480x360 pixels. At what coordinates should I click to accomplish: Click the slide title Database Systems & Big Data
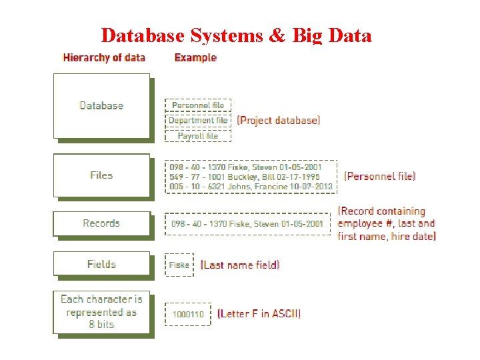pyautogui.click(x=236, y=35)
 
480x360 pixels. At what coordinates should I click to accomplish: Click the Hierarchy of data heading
pyautogui.click(x=104, y=57)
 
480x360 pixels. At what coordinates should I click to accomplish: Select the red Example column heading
pyautogui.click(x=195, y=57)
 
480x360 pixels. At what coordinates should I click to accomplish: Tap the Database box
pyautogui.click(x=101, y=105)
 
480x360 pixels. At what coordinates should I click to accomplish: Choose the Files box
pyautogui.click(x=101, y=175)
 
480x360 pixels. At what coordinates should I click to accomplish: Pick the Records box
pyautogui.click(x=101, y=223)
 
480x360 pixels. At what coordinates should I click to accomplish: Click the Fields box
pyautogui.click(x=101, y=264)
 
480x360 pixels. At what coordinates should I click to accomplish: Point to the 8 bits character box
pyautogui.click(x=101, y=312)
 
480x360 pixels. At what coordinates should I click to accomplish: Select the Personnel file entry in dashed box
pyautogui.click(x=198, y=105)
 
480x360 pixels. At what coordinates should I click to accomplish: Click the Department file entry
pyautogui.click(x=198, y=121)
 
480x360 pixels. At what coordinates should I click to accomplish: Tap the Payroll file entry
pyautogui.click(x=198, y=135)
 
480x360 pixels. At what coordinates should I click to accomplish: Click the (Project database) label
pyautogui.click(x=279, y=121)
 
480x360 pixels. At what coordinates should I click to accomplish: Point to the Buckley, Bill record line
pyautogui.click(x=244, y=177)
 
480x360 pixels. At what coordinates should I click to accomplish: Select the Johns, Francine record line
pyautogui.click(x=251, y=187)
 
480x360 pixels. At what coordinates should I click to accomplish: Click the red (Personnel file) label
pyautogui.click(x=380, y=176)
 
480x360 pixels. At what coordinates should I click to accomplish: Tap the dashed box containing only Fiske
pyautogui.click(x=179, y=265)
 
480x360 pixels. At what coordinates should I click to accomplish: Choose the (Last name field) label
pyautogui.click(x=240, y=265)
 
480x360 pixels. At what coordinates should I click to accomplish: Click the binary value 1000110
pyautogui.click(x=189, y=313)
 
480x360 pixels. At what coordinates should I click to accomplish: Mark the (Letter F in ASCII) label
pyautogui.click(x=259, y=313)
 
